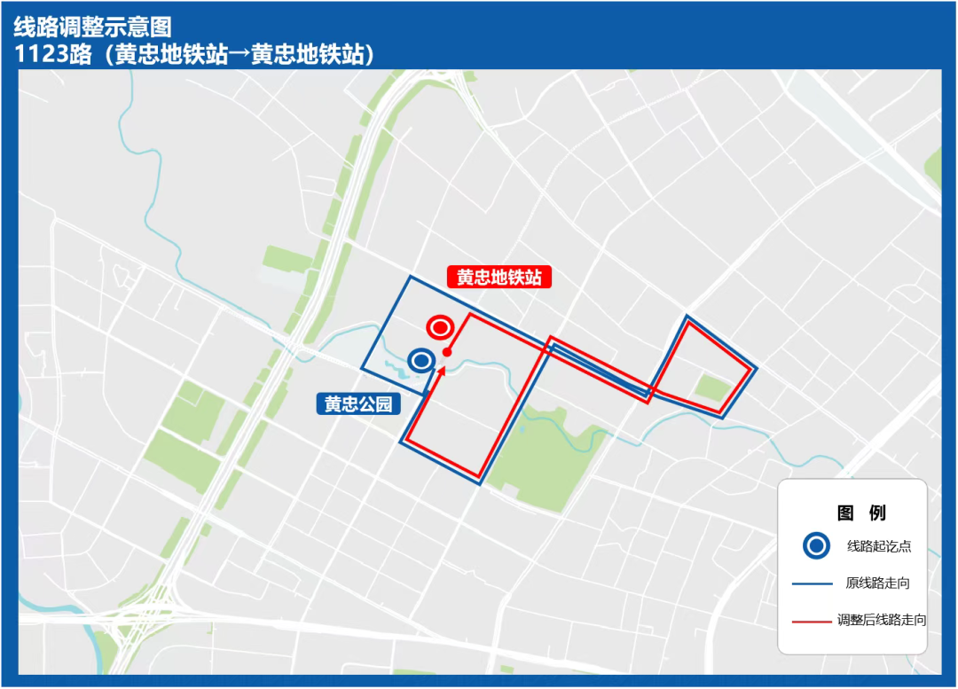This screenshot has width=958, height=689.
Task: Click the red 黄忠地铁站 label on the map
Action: click(499, 278)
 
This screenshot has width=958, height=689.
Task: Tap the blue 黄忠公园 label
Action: click(358, 404)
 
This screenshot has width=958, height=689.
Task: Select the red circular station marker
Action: click(439, 327)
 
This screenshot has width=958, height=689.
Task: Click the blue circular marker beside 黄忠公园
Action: click(421, 360)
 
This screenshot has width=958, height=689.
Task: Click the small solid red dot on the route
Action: click(448, 352)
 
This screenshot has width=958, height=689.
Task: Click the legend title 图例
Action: click(860, 513)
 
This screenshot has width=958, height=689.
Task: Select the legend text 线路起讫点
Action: click(879, 546)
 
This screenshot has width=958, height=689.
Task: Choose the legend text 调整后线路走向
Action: click(882, 621)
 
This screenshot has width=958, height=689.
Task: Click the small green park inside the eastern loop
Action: click(713, 387)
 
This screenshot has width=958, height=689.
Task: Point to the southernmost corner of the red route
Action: click(479, 479)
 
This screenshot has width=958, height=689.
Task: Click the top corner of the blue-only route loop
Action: click(410, 277)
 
